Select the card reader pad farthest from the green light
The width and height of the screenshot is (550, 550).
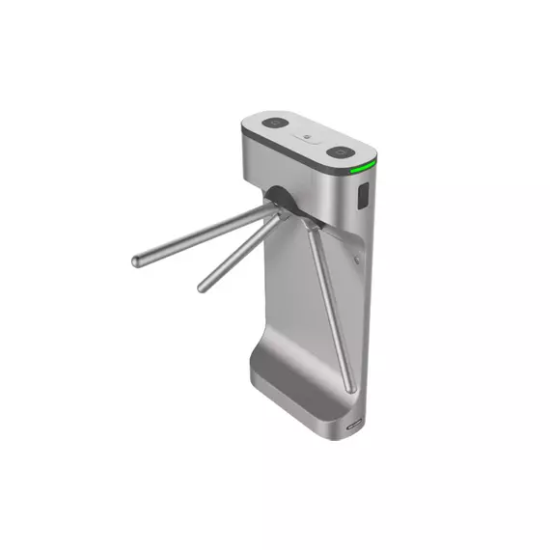pyautogui.click(x=275, y=124)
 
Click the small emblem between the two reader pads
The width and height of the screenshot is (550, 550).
pyautogui.click(x=307, y=138)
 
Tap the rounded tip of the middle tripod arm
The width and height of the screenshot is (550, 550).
pyautogui.click(x=204, y=286)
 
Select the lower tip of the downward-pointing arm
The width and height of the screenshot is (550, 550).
pyautogui.click(x=350, y=387)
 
